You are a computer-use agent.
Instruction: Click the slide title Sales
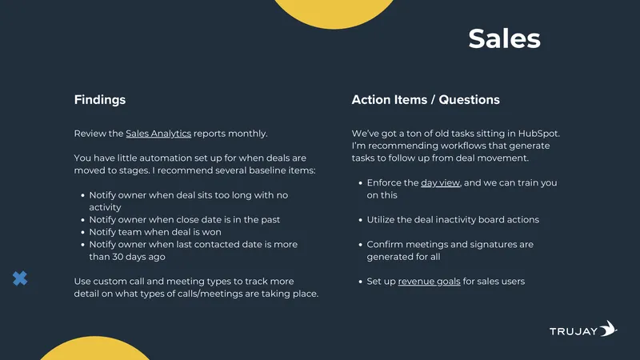(x=504, y=38)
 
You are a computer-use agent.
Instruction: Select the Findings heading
(x=99, y=100)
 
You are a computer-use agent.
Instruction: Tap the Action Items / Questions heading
(x=426, y=100)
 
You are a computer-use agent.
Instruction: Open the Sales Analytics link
(x=158, y=134)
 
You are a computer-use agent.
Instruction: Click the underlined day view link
(x=441, y=183)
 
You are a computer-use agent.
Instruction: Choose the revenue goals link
(x=429, y=282)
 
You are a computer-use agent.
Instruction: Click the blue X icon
(x=20, y=278)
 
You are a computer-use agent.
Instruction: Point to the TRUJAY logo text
(x=574, y=331)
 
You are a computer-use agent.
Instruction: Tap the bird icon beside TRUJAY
(x=608, y=328)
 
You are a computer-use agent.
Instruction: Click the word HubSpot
(x=538, y=134)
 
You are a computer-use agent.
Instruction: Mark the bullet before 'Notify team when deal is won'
(x=83, y=232)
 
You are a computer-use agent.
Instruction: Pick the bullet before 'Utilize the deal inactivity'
(x=361, y=220)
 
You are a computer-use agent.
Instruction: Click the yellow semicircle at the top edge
(x=334, y=13)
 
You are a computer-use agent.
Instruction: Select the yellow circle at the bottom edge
(x=94, y=348)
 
